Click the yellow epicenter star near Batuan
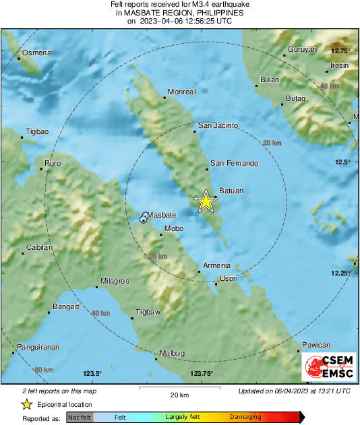coord(206,201)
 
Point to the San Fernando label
coord(234,163)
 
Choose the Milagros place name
coord(114,280)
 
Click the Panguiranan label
coord(38,346)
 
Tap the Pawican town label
coord(316,344)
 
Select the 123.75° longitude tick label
coord(201,374)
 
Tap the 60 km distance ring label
coord(43,370)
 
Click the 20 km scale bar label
coord(179,394)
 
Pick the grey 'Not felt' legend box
coord(78,417)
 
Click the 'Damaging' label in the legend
coord(246,417)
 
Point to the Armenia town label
coord(218,265)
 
